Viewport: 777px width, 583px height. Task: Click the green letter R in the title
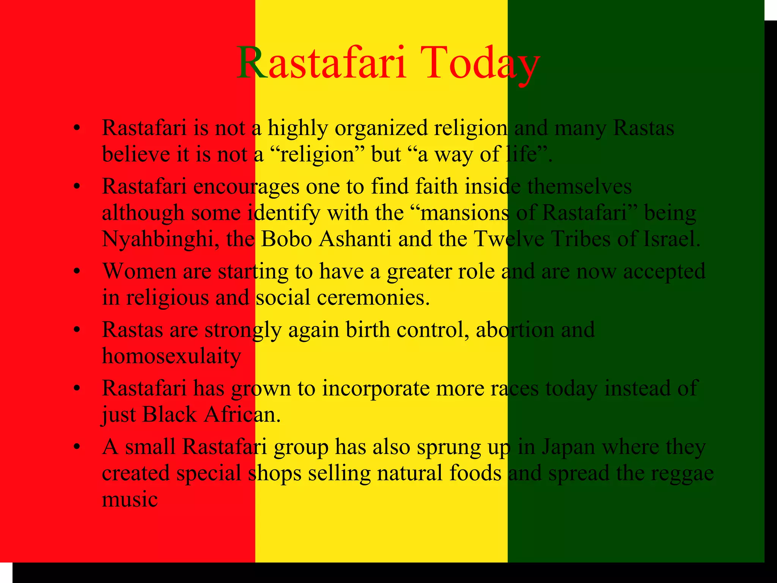coord(252,63)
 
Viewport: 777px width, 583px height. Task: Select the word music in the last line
coord(130,500)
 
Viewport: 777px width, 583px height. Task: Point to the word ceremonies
coord(373,298)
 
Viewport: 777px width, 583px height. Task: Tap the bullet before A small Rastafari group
coord(77,447)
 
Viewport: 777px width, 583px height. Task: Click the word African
coord(242,414)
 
